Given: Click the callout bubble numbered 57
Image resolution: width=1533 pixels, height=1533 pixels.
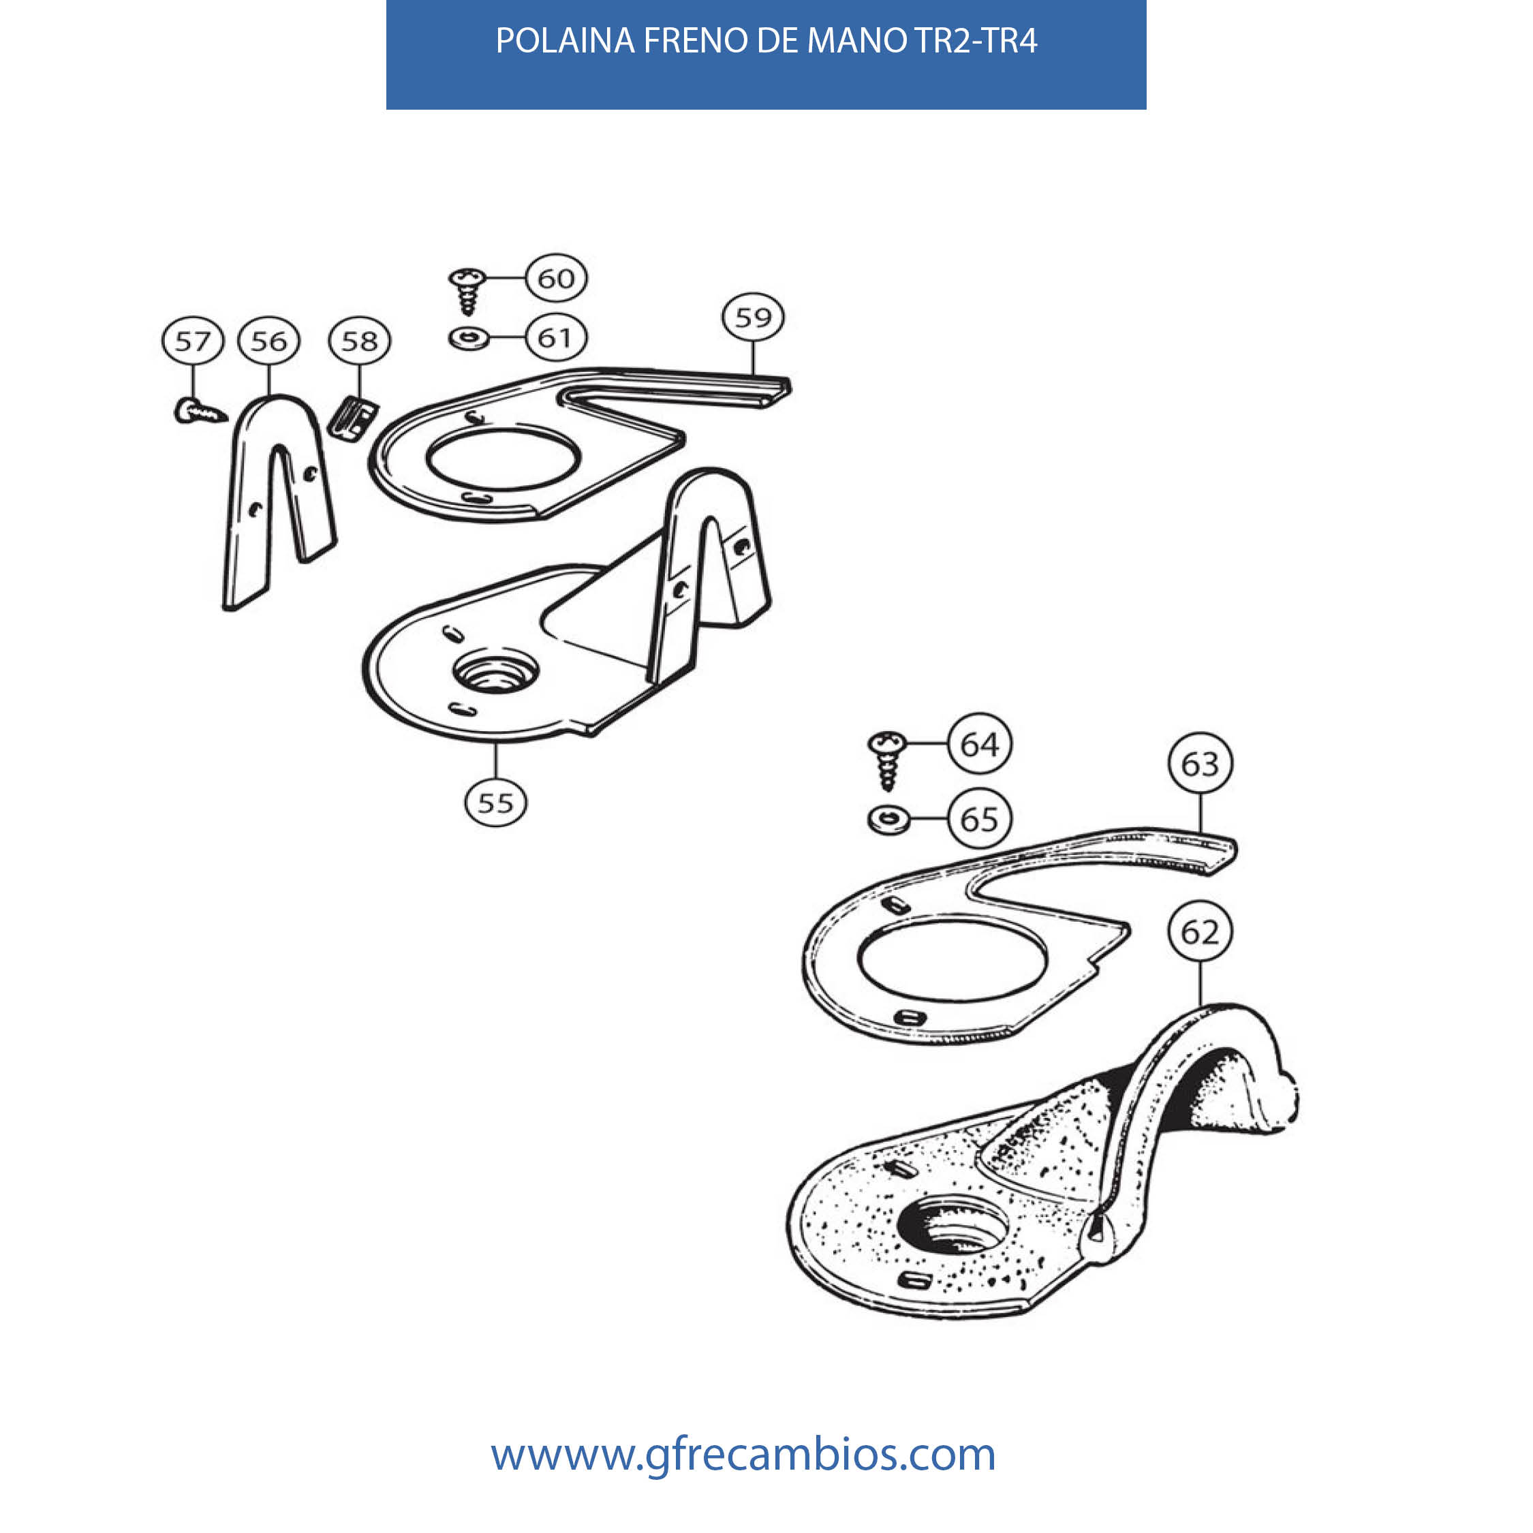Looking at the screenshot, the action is point(193,341).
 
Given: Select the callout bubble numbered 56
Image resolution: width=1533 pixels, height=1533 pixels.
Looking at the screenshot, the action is point(268,341).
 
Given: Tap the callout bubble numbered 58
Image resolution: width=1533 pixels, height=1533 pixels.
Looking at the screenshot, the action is point(360,341).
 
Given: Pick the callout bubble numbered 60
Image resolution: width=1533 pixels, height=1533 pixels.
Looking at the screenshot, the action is point(556,279).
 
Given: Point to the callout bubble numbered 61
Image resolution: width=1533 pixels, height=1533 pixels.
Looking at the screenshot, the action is point(556,338).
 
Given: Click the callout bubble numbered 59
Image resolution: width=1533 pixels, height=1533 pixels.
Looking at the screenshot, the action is point(753,318).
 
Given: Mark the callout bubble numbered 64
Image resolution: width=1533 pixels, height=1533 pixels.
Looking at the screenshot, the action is point(980,744).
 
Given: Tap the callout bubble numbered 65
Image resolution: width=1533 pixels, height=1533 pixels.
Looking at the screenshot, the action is point(980,819).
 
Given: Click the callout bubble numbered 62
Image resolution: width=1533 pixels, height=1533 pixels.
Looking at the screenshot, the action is point(1200,932).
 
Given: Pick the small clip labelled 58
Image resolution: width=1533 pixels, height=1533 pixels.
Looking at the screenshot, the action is point(353,418).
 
